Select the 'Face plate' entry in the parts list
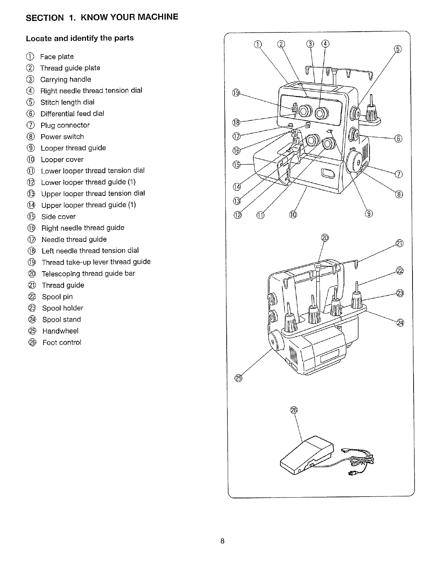click(56, 57)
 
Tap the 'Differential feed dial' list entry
click(72, 114)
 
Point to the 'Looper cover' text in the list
click(62, 160)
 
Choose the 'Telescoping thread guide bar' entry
click(88, 274)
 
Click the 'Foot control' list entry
click(62, 343)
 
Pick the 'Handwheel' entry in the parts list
click(60, 331)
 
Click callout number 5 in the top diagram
click(398, 49)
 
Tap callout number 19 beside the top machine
click(236, 93)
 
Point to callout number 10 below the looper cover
click(293, 214)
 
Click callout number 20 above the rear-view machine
click(325, 238)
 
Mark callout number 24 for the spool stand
click(400, 323)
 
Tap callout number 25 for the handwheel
click(238, 378)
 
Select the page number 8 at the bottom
click(222, 541)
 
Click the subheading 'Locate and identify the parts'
click(80, 38)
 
